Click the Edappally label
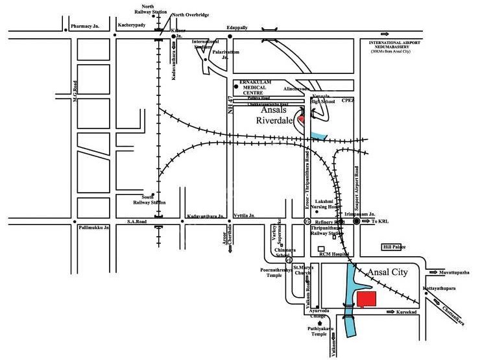237,27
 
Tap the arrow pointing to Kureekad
393,313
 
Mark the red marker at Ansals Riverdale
301,119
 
